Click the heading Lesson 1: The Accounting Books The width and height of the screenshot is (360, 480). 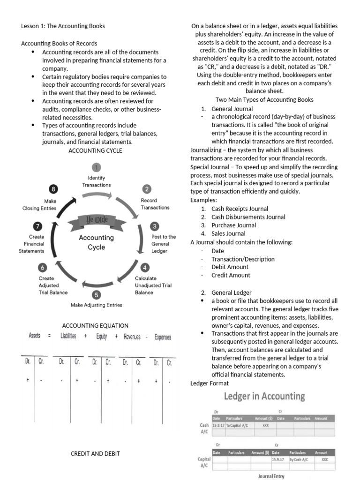pyautogui.click(x=63, y=26)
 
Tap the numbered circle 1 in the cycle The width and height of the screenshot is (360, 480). pyautogui.click(x=97, y=167)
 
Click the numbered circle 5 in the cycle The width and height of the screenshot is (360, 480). pyautogui.click(x=96, y=295)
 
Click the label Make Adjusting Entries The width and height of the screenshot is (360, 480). pyautogui.click(x=96, y=305)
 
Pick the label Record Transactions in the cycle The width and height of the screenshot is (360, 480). pyautogui.click(x=155, y=204)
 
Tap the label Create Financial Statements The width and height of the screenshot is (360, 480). pyautogui.click(x=32, y=244)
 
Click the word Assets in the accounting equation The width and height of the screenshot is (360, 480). pyautogui.click(x=35, y=337)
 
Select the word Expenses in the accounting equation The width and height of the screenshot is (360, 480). pyautogui.click(x=163, y=337)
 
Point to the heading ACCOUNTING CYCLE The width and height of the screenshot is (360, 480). pyautogui.click(x=95, y=150)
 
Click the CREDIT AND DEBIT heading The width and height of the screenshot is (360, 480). pyautogui.click(x=95, y=453)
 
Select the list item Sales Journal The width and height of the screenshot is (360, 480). pyautogui.click(x=228, y=233)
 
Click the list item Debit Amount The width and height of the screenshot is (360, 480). pyautogui.click(x=230, y=267)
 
